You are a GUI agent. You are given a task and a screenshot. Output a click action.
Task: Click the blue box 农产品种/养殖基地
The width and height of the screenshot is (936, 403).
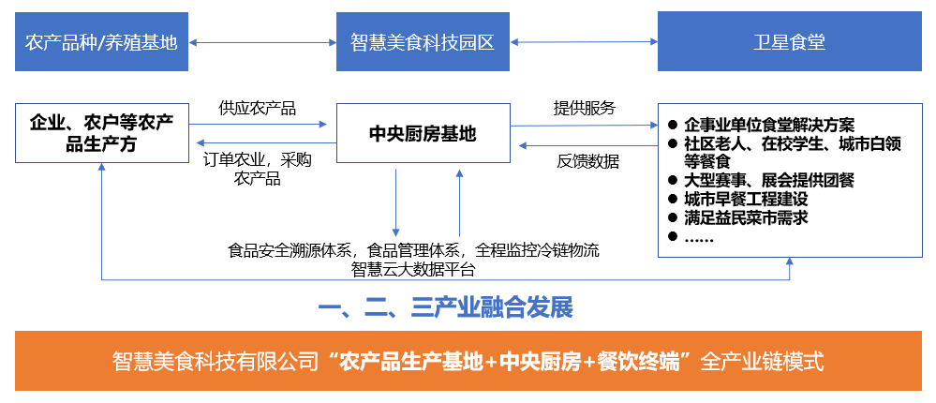(101, 42)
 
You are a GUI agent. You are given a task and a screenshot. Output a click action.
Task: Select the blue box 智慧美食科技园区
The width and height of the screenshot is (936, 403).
(422, 42)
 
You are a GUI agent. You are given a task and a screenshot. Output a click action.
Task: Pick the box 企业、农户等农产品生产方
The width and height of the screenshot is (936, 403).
(101, 133)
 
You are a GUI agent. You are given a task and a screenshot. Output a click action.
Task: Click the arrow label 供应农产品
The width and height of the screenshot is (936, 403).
(257, 108)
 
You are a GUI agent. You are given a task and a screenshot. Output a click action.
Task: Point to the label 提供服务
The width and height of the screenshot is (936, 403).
(584, 107)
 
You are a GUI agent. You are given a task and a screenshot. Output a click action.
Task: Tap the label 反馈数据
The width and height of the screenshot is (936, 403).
(587, 161)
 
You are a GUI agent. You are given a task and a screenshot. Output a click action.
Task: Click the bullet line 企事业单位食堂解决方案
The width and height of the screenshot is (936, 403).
(768, 125)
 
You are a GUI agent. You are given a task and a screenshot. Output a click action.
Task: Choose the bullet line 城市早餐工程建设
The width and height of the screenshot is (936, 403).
(746, 199)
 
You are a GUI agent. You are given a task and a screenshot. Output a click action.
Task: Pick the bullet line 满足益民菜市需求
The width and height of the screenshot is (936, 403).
(746, 217)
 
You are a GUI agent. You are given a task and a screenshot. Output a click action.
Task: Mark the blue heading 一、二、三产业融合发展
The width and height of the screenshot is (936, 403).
(445, 308)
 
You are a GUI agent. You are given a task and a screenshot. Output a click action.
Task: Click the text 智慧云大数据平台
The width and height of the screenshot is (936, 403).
(413, 270)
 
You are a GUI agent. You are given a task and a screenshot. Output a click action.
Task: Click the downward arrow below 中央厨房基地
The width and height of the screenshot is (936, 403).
(395, 201)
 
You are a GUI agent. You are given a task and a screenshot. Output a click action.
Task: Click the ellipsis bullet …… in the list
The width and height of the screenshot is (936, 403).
(699, 238)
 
